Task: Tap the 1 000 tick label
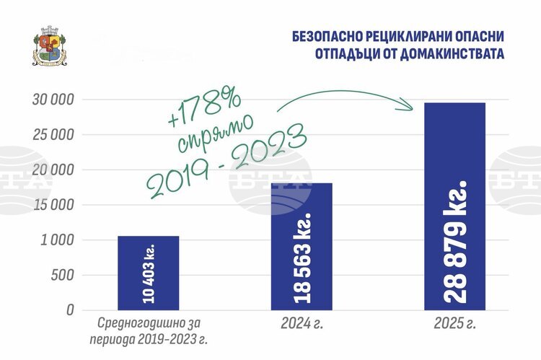tap(57, 240)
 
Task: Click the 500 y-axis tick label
tap(63, 275)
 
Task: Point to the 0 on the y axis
tap(70, 310)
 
